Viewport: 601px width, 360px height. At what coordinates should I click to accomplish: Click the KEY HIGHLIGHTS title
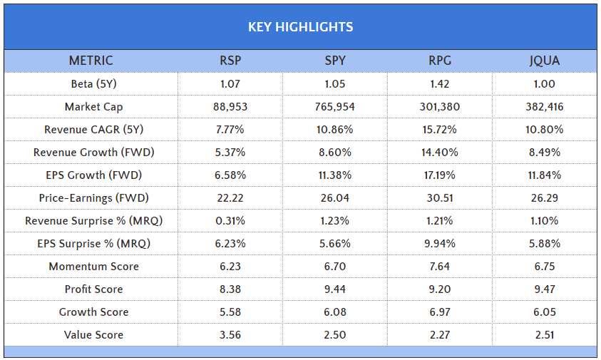(300, 27)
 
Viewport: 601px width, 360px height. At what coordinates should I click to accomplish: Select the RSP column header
(230, 61)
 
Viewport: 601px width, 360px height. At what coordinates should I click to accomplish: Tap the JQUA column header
(545, 61)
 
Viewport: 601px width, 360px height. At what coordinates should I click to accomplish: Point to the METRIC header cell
(91, 61)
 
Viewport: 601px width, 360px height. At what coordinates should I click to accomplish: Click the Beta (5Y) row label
(93, 84)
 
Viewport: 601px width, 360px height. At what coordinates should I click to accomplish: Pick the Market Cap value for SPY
(335, 107)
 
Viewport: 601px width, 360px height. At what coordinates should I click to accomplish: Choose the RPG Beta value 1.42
(440, 84)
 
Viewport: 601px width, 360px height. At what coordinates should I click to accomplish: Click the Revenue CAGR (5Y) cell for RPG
(440, 130)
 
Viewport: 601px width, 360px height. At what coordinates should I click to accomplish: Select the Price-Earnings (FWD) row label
(93, 198)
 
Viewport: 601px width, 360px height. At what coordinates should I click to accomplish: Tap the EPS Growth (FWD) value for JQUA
(545, 175)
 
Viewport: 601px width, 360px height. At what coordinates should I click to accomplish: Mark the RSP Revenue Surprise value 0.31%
(230, 221)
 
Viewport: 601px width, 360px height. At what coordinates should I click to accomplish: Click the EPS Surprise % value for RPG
(440, 244)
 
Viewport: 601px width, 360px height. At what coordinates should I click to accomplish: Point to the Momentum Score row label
(93, 267)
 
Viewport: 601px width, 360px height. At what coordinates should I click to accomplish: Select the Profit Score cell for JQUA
(545, 289)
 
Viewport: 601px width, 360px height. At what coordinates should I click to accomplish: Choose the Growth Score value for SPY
(335, 312)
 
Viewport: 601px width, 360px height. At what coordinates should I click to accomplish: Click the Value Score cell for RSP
(230, 335)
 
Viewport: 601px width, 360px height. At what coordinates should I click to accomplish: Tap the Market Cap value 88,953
(230, 107)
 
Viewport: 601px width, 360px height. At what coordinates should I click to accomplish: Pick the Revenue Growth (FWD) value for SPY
(335, 153)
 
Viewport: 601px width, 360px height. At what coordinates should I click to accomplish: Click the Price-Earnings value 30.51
(440, 198)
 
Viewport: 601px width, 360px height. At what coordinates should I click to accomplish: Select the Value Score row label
(93, 335)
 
